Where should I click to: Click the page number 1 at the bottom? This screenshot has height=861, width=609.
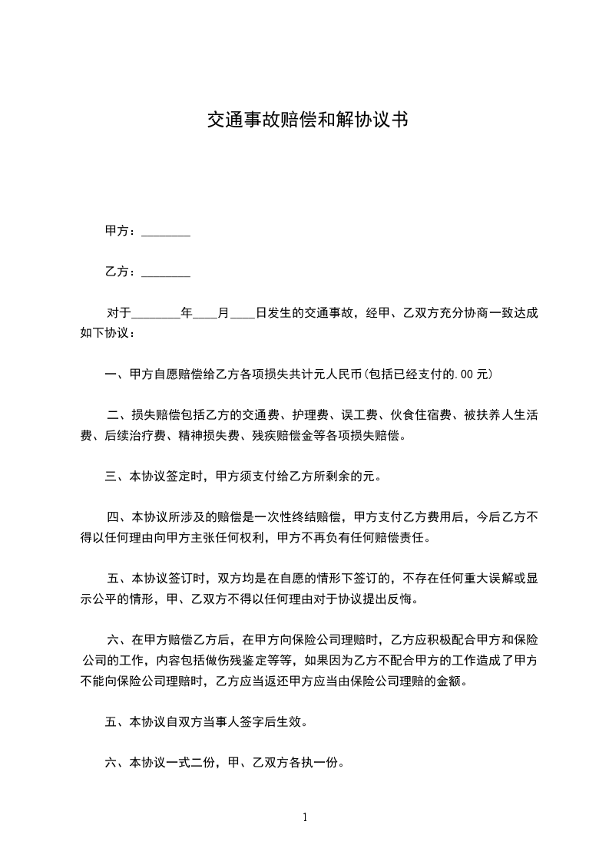305,817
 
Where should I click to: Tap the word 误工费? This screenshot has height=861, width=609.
359,415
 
